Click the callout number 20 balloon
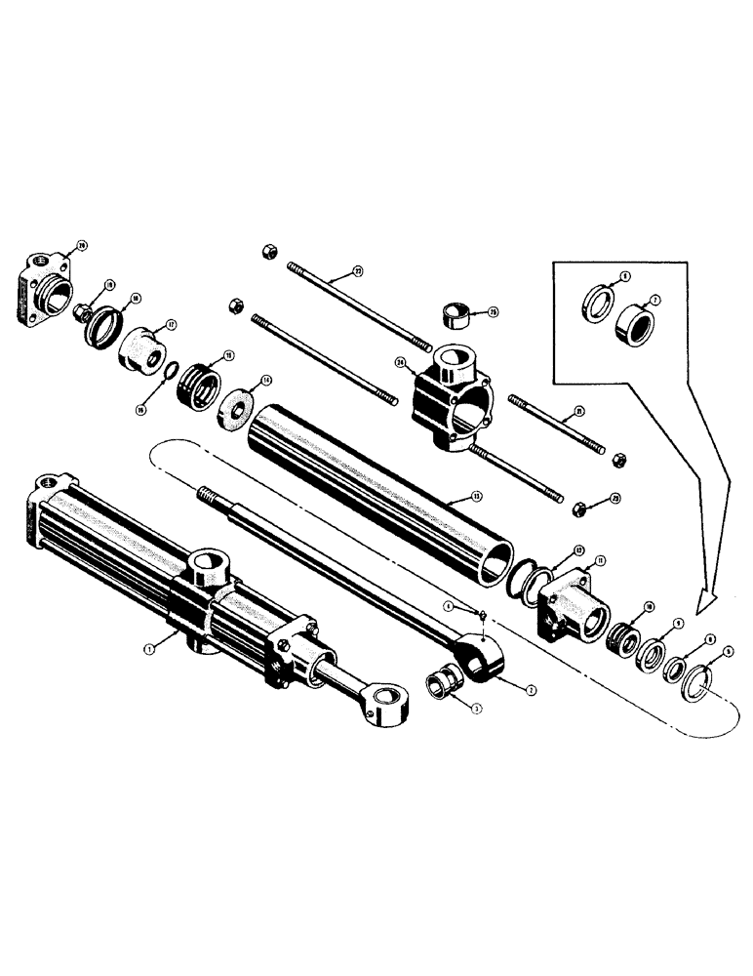coord(82,244)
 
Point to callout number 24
coord(400,362)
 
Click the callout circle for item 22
coord(357,269)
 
